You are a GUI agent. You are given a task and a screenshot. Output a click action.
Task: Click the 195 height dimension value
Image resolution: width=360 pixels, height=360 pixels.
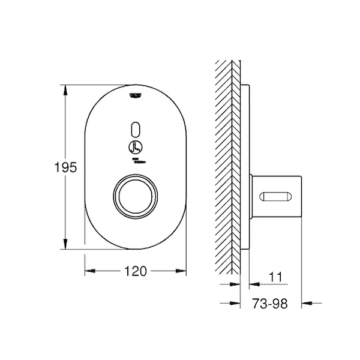[65, 167]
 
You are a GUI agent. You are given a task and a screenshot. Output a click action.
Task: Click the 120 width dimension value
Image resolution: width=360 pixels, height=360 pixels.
[135, 271]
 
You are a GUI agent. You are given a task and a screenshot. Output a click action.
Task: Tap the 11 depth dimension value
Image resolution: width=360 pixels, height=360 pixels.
[275, 277]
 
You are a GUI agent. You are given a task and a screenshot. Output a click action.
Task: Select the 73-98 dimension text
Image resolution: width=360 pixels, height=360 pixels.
[269, 304]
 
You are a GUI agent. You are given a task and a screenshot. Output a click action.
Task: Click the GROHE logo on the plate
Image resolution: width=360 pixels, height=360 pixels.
[136, 95]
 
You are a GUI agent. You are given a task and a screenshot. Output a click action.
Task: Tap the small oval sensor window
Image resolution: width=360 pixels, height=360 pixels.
[136, 130]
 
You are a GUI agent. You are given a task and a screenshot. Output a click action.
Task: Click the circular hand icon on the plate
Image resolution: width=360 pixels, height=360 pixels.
[136, 147]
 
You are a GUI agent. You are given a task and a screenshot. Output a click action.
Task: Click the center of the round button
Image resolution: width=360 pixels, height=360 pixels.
[136, 197]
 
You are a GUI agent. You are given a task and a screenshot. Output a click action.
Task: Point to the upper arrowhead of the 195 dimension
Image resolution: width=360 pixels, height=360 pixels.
[65, 90]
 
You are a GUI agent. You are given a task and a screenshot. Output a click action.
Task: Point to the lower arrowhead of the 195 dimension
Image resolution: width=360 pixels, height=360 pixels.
[65, 244]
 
